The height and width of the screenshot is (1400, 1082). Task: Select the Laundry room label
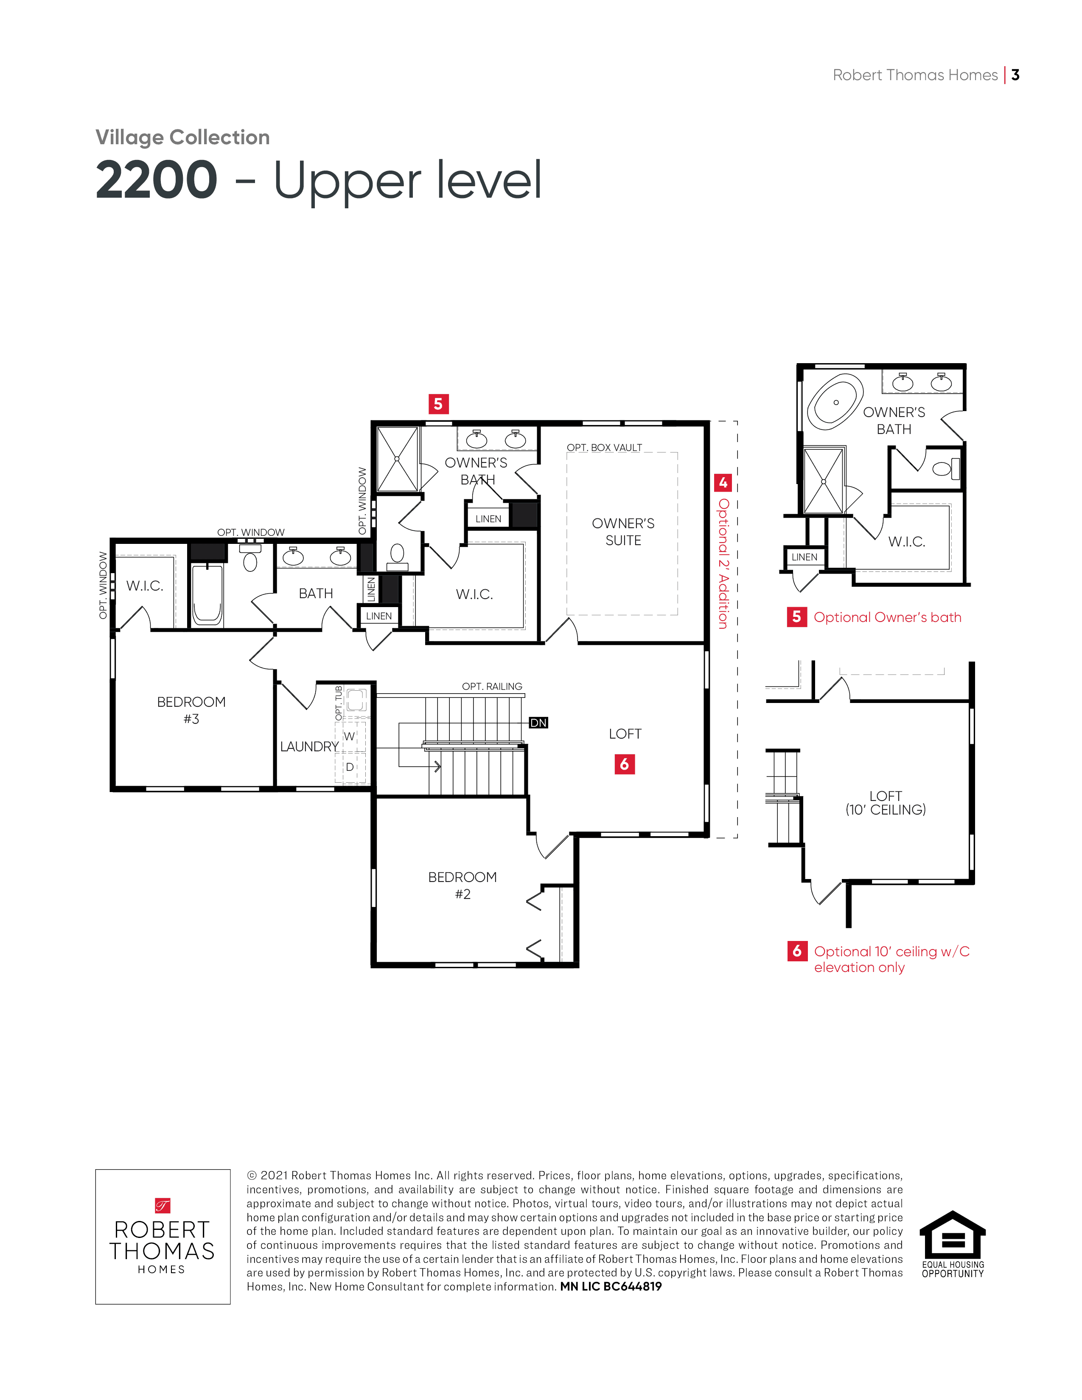(309, 746)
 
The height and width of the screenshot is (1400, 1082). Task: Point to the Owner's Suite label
(623, 532)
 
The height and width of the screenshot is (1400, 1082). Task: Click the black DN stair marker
(538, 722)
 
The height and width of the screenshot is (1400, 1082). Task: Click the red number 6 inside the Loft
(624, 764)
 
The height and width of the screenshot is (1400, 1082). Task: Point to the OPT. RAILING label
(492, 686)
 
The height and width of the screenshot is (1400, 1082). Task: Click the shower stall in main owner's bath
(398, 459)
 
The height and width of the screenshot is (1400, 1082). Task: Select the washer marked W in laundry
(350, 736)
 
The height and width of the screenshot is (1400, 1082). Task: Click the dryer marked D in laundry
(350, 767)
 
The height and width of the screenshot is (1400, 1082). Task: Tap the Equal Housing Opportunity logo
(953, 1244)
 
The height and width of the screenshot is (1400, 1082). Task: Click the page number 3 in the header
(1015, 75)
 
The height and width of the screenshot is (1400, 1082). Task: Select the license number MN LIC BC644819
(611, 1286)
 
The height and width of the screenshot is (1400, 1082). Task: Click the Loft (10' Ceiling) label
(885, 803)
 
